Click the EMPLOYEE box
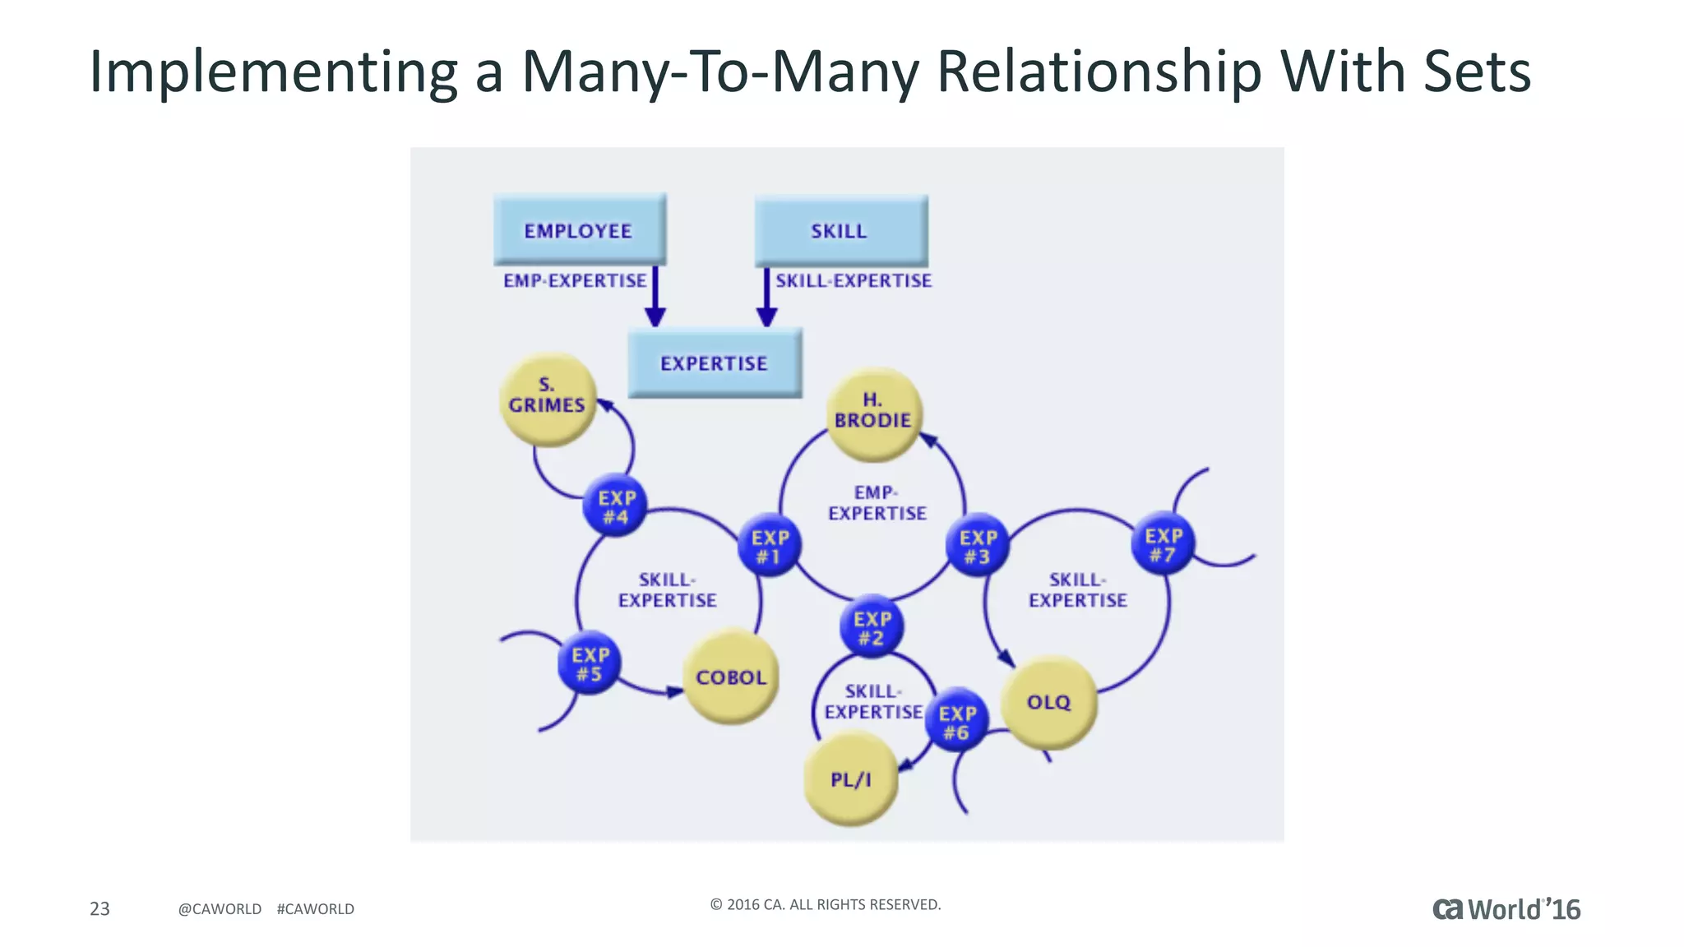click(x=579, y=230)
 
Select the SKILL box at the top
click(x=840, y=231)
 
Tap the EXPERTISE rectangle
click(x=714, y=363)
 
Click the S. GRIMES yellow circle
click(x=547, y=400)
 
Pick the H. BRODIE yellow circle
click(x=872, y=413)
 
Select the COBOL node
click(x=730, y=677)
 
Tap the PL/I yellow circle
click(x=850, y=778)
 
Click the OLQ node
click(x=1048, y=701)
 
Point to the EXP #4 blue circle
click(x=615, y=506)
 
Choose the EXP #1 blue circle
click(x=770, y=546)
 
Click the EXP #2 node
click(x=872, y=626)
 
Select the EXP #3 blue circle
click(x=978, y=545)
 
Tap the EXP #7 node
click(x=1163, y=543)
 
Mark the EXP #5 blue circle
click(x=590, y=663)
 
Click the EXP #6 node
click(x=956, y=721)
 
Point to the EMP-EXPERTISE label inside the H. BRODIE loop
click(x=877, y=502)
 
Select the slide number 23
click(x=99, y=908)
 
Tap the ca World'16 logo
click(x=1506, y=909)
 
